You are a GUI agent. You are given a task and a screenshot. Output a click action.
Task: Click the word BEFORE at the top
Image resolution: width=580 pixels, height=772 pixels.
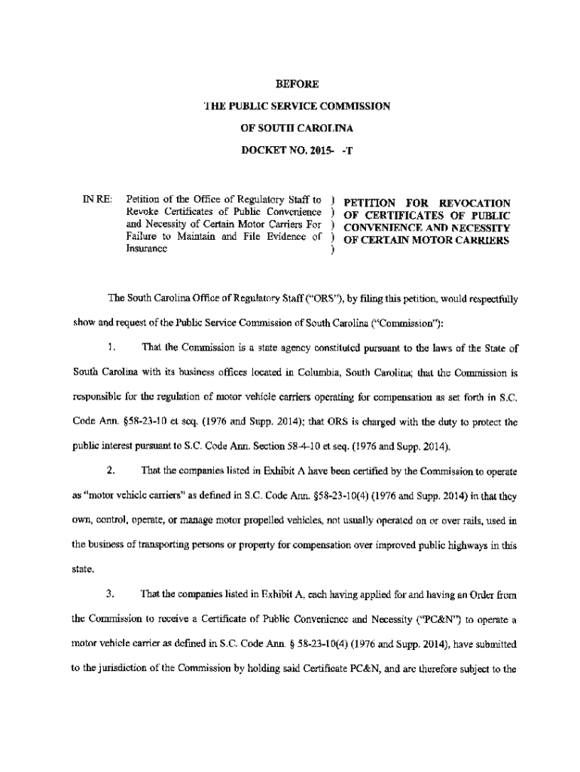(x=291, y=84)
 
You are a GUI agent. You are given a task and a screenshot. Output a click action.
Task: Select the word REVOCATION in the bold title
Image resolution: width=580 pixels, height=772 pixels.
(x=474, y=203)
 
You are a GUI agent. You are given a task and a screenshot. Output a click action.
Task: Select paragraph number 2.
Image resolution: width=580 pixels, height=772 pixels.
(x=111, y=471)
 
